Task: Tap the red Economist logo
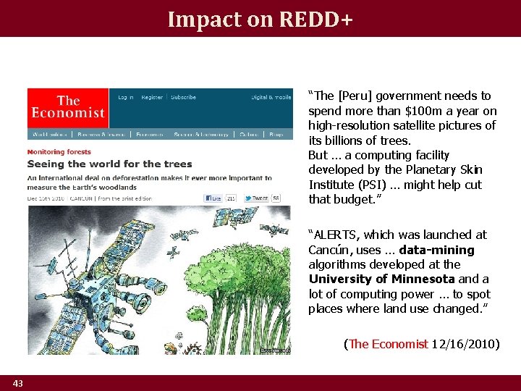(x=68, y=108)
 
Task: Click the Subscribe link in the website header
(x=183, y=97)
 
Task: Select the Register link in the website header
(x=152, y=97)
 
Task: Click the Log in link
(x=126, y=97)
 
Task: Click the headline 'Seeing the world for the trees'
(x=110, y=164)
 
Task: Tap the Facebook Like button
(x=215, y=198)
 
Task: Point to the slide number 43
(x=17, y=383)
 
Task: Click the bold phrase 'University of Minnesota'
(x=381, y=279)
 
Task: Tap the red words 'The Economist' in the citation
(x=388, y=344)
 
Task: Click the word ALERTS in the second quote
(x=336, y=235)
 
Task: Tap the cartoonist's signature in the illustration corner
(x=275, y=350)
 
